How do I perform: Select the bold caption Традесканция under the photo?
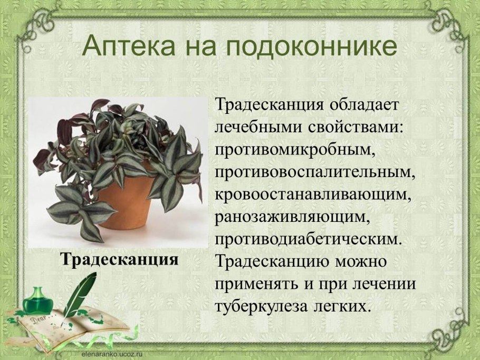(x=119, y=259)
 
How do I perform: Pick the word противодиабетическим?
(x=309, y=239)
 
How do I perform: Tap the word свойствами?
(x=351, y=127)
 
